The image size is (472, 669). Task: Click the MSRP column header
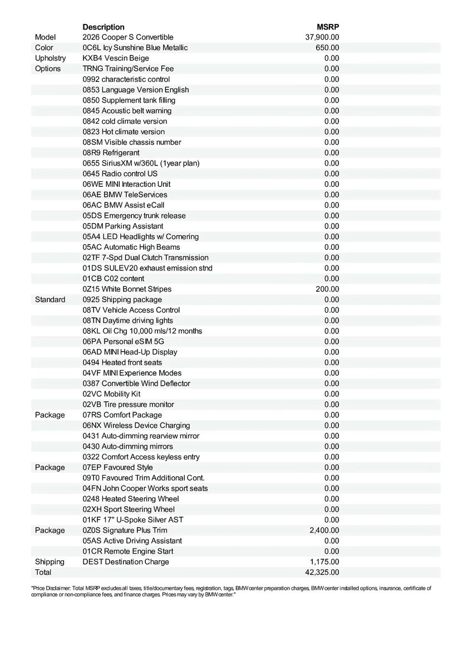(x=328, y=27)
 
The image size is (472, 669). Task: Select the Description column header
(x=104, y=27)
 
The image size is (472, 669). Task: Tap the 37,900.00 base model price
(x=322, y=37)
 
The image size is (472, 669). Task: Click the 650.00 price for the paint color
(x=327, y=48)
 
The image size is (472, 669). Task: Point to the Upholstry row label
(x=50, y=58)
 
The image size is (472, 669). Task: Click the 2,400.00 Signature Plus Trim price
(x=324, y=530)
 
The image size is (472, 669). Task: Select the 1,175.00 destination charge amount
(x=324, y=561)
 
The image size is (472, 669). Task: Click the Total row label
(x=43, y=572)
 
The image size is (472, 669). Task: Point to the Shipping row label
(x=50, y=561)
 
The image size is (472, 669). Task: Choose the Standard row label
(x=50, y=299)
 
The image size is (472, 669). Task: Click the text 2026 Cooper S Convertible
(x=128, y=37)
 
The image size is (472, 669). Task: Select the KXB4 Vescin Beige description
(x=116, y=58)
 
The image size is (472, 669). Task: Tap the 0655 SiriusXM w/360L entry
(x=141, y=163)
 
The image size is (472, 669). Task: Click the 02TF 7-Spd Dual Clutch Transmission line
(x=146, y=258)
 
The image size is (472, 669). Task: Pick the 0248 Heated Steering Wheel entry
(x=131, y=498)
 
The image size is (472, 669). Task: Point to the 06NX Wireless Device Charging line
(x=136, y=425)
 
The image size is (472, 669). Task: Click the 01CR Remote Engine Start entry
(x=128, y=551)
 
